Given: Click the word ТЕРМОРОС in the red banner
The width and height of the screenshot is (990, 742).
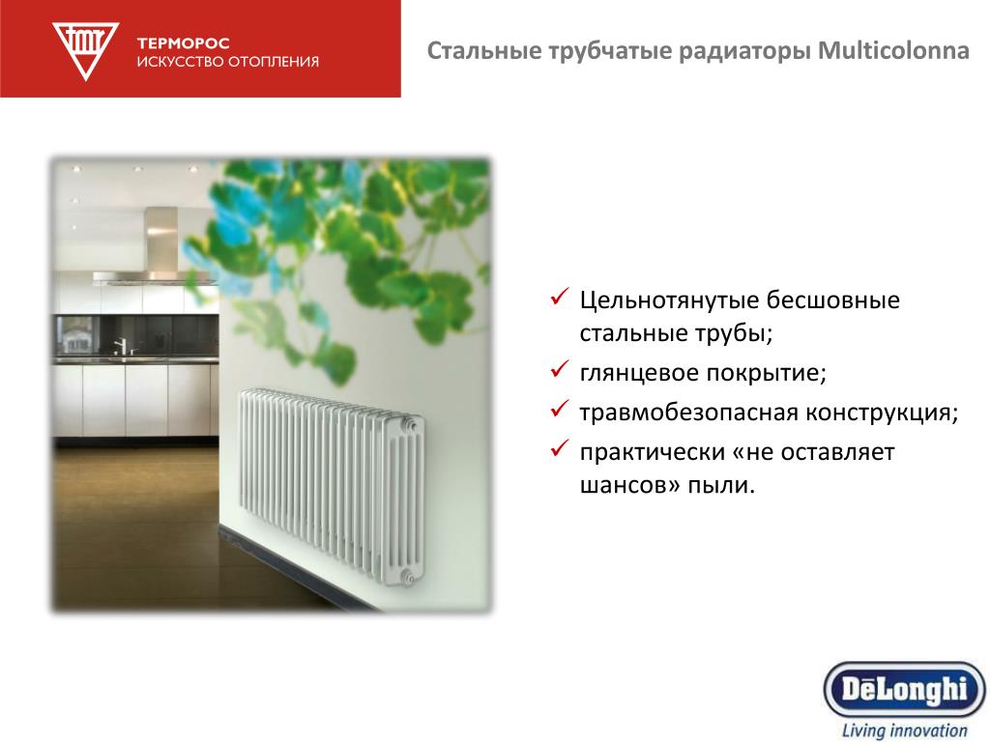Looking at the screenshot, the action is (x=183, y=43).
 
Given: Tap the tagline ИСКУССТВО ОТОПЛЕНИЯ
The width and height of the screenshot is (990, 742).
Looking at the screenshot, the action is (x=228, y=62).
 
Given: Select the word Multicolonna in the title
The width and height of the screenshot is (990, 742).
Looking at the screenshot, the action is (x=893, y=50).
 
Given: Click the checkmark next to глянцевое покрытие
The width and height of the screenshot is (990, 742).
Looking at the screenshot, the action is (x=560, y=368).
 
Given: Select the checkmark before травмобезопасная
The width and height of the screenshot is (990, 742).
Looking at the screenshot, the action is (x=560, y=409).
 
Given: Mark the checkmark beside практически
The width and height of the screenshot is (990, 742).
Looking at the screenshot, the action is (x=560, y=448).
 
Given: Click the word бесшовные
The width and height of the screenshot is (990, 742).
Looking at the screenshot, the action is (x=832, y=300).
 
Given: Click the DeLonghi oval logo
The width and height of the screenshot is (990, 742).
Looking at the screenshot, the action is (x=905, y=690).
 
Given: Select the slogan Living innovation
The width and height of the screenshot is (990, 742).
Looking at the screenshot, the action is (x=904, y=730).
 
